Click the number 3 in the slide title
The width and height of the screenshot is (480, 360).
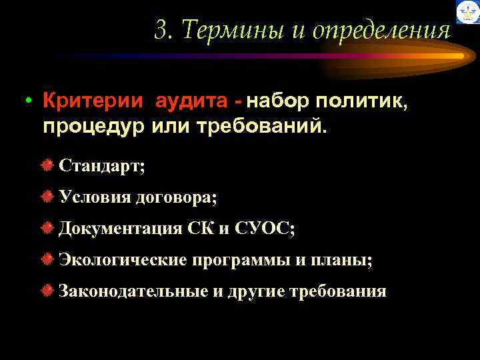[x=160, y=31]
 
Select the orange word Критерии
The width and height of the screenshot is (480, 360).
[x=93, y=102]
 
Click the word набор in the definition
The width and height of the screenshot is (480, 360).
[x=280, y=102]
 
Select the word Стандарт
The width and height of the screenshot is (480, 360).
[x=100, y=165]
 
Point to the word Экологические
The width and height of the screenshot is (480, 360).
[x=123, y=259]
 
